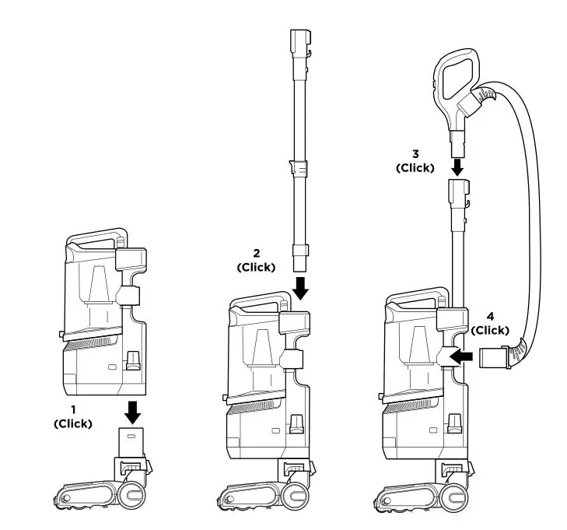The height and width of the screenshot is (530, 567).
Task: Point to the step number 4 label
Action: point(490,318)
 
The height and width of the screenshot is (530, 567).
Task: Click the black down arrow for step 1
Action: point(134,408)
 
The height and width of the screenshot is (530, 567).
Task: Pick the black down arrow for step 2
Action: point(301,288)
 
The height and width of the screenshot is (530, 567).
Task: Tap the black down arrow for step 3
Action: point(457,165)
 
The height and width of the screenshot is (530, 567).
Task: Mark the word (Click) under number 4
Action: point(490,329)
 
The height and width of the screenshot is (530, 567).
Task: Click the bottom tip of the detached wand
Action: point(300,254)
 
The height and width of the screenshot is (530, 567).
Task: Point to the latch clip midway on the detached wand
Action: point(299,167)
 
